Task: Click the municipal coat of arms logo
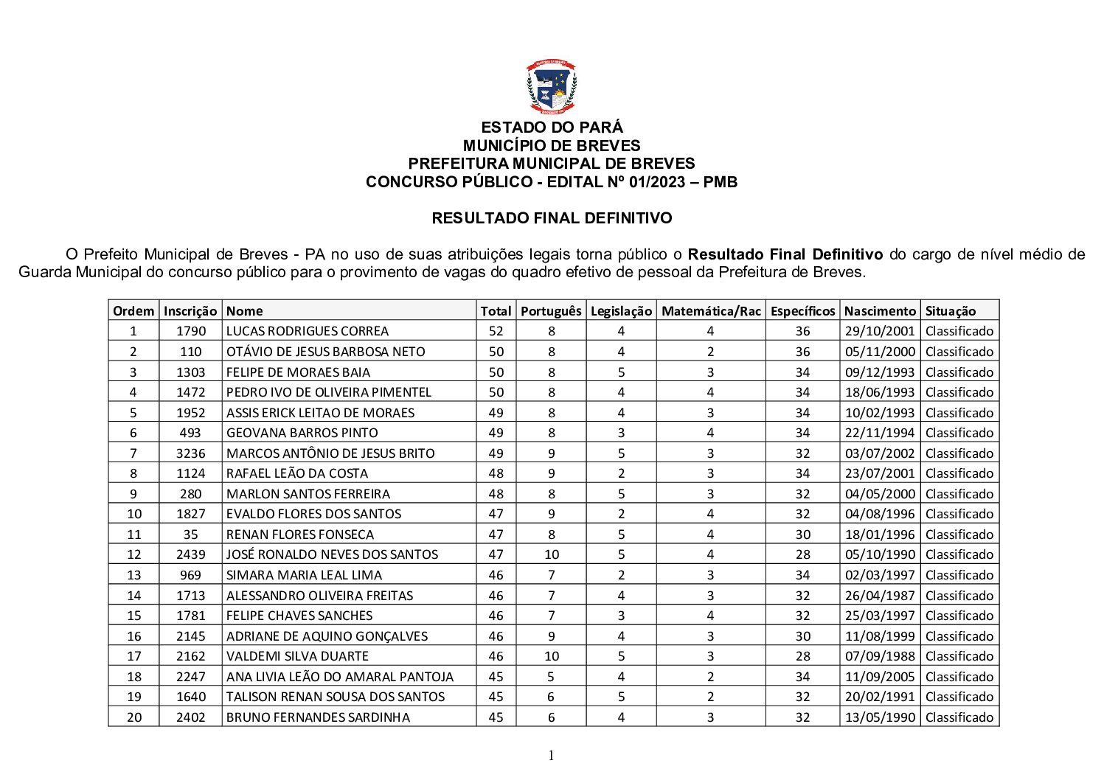[551, 86]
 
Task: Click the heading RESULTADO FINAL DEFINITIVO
[551, 218]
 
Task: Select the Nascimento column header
[879, 311]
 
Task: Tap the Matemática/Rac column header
[711, 311]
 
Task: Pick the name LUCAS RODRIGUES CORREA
[308, 331]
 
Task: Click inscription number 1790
[191, 331]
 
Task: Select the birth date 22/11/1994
[879, 433]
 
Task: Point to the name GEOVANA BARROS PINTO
[302, 433]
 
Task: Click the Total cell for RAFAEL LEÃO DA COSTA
[496, 473]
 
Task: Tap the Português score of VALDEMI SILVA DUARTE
[552, 656]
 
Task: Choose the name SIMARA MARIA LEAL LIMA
[305, 575]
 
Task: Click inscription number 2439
[191, 554]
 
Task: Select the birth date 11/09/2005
[879, 677]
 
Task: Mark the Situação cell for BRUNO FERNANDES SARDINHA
[959, 717]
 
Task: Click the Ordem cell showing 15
[133, 616]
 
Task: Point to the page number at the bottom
[551, 755]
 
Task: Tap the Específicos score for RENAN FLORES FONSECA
[802, 534]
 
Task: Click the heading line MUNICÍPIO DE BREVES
[551, 146]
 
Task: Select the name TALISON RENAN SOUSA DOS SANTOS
[336, 697]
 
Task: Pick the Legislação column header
[621, 311]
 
